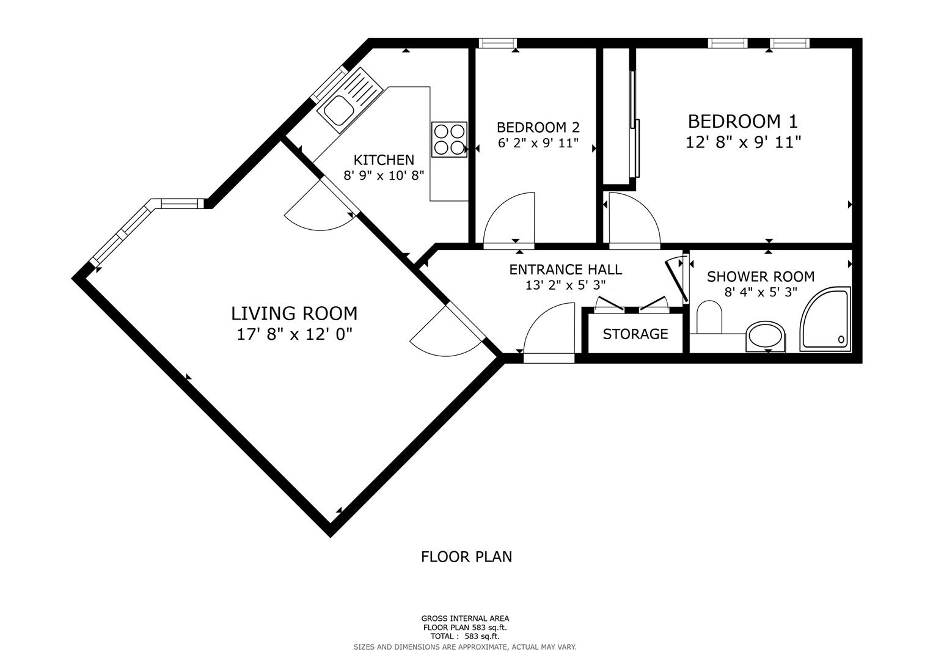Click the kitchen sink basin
[338, 110]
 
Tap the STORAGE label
[635, 334]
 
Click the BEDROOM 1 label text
[742, 121]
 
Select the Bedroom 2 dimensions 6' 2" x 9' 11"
[538, 143]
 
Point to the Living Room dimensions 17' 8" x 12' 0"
[295, 334]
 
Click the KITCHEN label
[384, 160]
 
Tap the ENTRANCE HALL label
[566, 269]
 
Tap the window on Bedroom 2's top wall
[498, 43]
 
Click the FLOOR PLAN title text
[467, 557]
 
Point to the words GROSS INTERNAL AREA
[465, 618]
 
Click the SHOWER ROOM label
[761, 277]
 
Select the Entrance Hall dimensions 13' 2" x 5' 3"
[565, 285]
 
